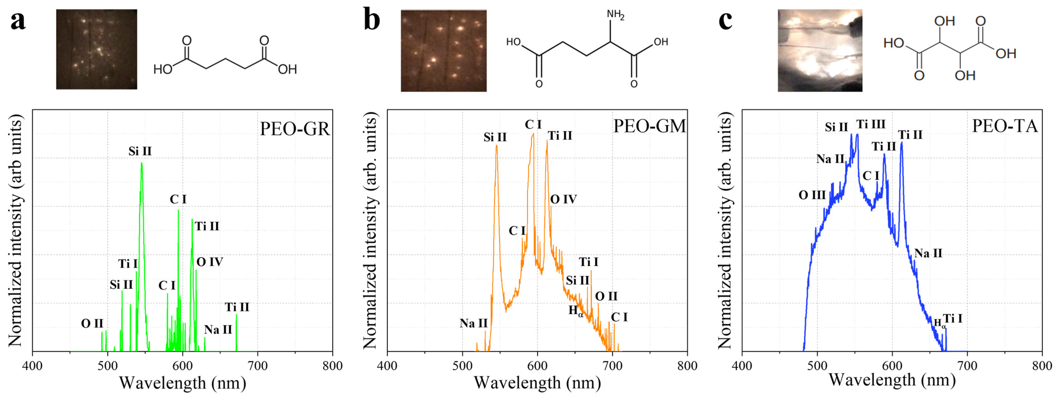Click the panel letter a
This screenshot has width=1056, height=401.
(x=18, y=21)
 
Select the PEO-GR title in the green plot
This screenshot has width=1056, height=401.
(x=294, y=129)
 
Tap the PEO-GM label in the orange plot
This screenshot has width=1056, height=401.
(x=649, y=126)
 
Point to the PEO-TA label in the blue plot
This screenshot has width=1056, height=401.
(x=1005, y=126)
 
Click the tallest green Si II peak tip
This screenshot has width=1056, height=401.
(x=141, y=163)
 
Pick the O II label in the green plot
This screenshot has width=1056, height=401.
(x=92, y=324)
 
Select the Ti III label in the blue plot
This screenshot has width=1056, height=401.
(x=871, y=124)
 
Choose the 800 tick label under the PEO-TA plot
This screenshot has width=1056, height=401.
(x=1042, y=365)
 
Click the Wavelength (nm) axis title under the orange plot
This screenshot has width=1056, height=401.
(x=537, y=383)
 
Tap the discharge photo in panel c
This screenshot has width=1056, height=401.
(x=820, y=50)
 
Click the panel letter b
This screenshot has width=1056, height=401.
(x=371, y=21)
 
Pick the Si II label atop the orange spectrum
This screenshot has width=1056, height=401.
(x=495, y=137)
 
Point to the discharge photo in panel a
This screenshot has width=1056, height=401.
(x=96, y=49)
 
